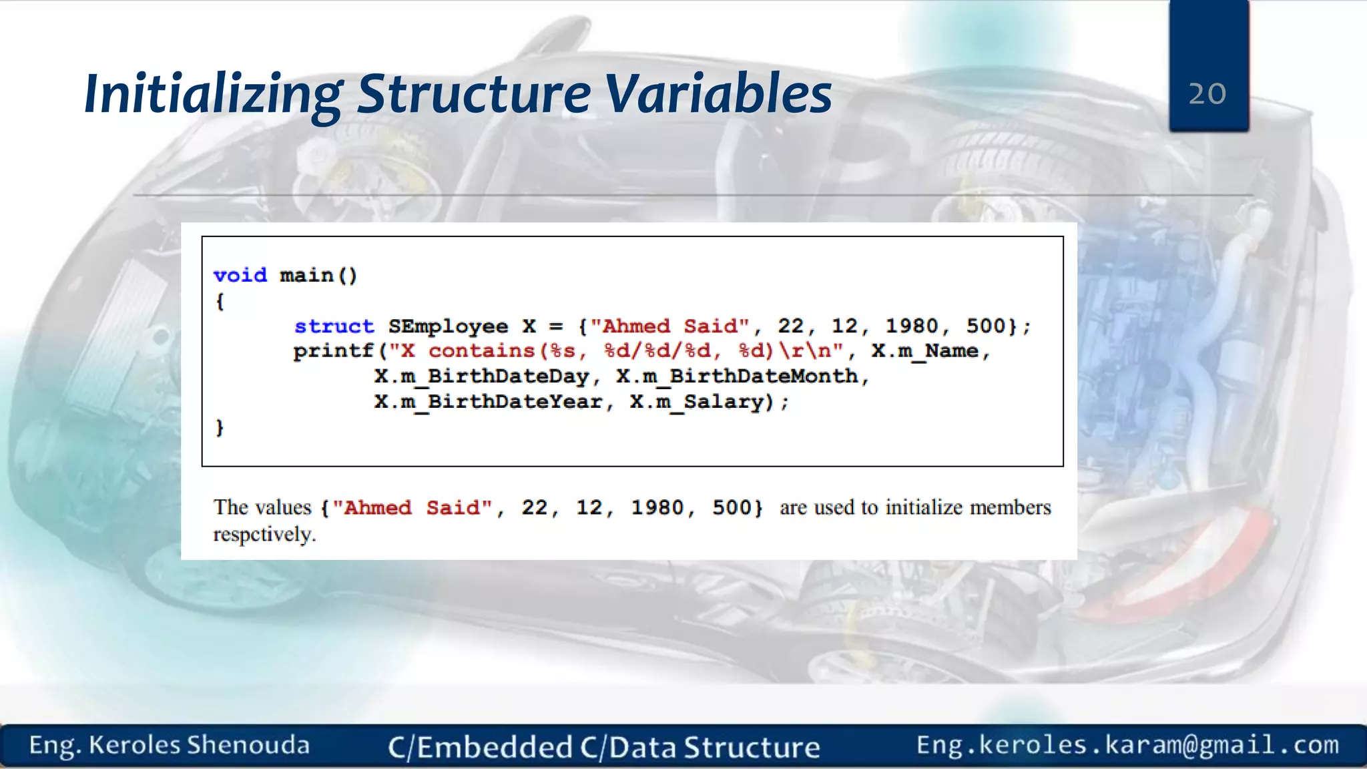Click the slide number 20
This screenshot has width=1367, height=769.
[1207, 94]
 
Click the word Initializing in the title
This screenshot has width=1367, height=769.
[213, 94]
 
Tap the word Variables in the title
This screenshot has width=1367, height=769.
[718, 94]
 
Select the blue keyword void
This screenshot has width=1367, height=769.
[240, 275]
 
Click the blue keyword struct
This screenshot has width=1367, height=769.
[334, 326]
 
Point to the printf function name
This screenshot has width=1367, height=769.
[333, 351]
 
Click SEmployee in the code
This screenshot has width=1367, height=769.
[448, 326]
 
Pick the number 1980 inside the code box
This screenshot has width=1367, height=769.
[911, 326]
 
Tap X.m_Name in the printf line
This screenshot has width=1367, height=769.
[924, 351]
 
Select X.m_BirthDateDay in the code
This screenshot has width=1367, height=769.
[481, 376]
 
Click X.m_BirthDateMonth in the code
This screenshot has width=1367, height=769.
[737, 376]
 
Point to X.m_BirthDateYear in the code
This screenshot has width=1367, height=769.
[488, 402]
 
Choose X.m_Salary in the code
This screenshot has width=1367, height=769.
[696, 402]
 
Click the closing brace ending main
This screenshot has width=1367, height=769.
[220, 427]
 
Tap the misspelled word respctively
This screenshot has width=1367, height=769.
[264, 534]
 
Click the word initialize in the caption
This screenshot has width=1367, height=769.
[923, 507]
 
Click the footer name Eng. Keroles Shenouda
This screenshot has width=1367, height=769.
[170, 745]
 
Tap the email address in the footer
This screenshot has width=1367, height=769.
[1127, 745]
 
